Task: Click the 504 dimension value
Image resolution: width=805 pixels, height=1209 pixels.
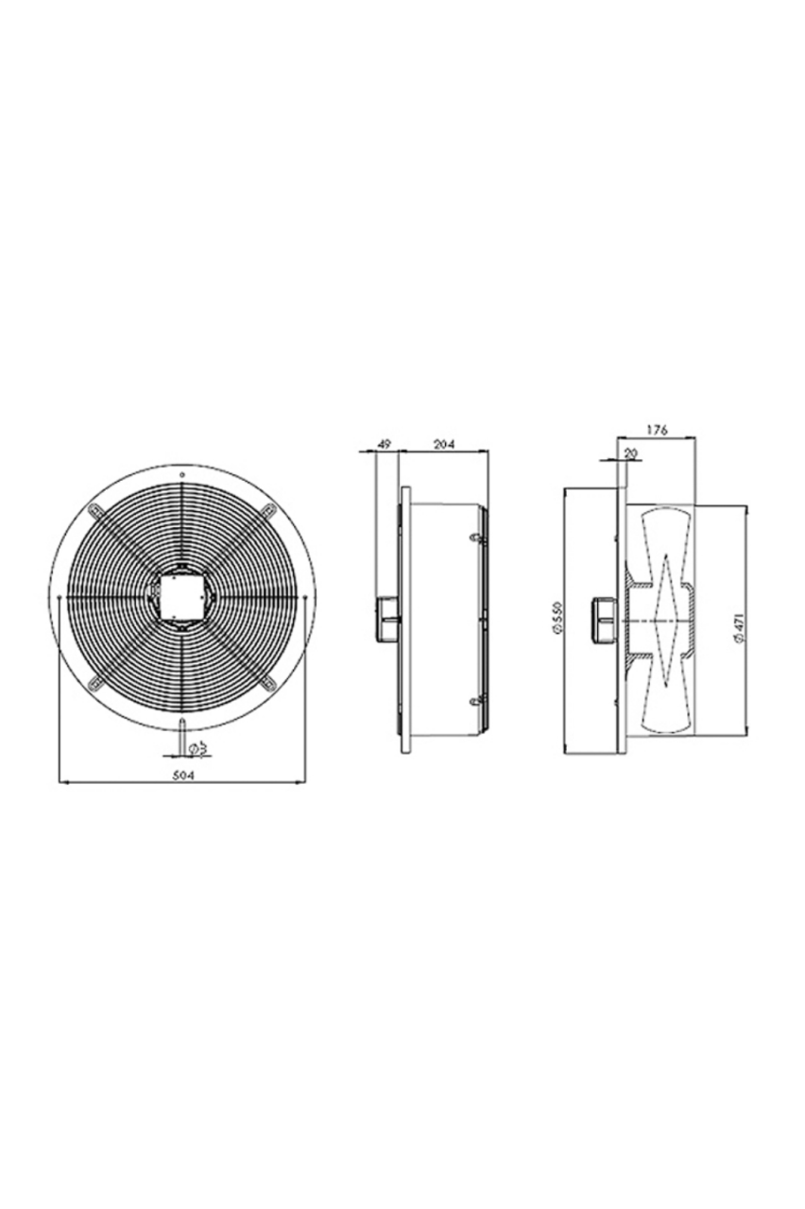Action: click(x=182, y=775)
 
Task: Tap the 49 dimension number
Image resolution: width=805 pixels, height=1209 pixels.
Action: click(x=385, y=444)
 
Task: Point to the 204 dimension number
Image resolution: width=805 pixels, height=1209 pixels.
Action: click(x=445, y=444)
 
